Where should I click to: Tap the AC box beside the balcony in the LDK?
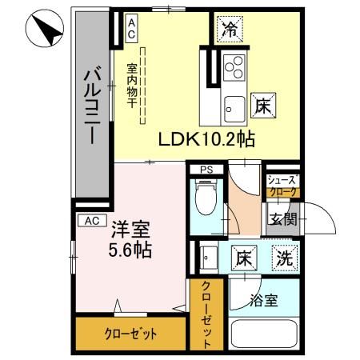[x=131, y=29]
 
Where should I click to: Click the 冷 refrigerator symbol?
[x=230, y=30]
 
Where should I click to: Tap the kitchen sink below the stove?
[x=234, y=104]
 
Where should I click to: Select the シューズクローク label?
[x=282, y=186]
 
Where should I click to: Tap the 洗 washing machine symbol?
[x=283, y=258]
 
